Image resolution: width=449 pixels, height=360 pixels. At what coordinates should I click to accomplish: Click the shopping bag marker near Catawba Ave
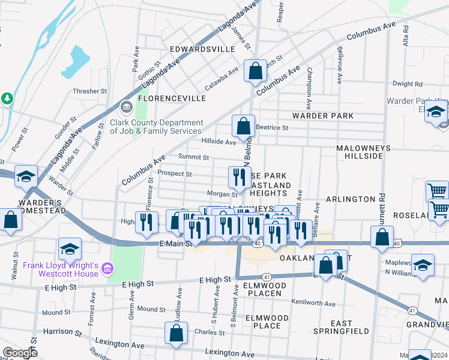click(x=255, y=71)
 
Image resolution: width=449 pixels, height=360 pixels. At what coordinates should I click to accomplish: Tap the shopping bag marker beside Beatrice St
click(x=243, y=127)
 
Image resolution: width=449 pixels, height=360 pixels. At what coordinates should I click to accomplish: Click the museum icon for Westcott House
click(x=107, y=266)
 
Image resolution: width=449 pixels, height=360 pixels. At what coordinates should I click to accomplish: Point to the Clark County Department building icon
click(x=127, y=108)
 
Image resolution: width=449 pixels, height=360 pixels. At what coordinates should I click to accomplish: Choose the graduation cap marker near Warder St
click(x=26, y=176)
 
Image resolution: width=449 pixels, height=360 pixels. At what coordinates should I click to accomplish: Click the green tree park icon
click(x=7, y=97)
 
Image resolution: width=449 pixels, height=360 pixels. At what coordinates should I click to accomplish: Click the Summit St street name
click(x=193, y=158)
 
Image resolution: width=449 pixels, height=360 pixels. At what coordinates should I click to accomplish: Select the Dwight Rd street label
click(x=408, y=84)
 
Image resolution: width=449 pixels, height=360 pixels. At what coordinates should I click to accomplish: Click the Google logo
click(x=20, y=353)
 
